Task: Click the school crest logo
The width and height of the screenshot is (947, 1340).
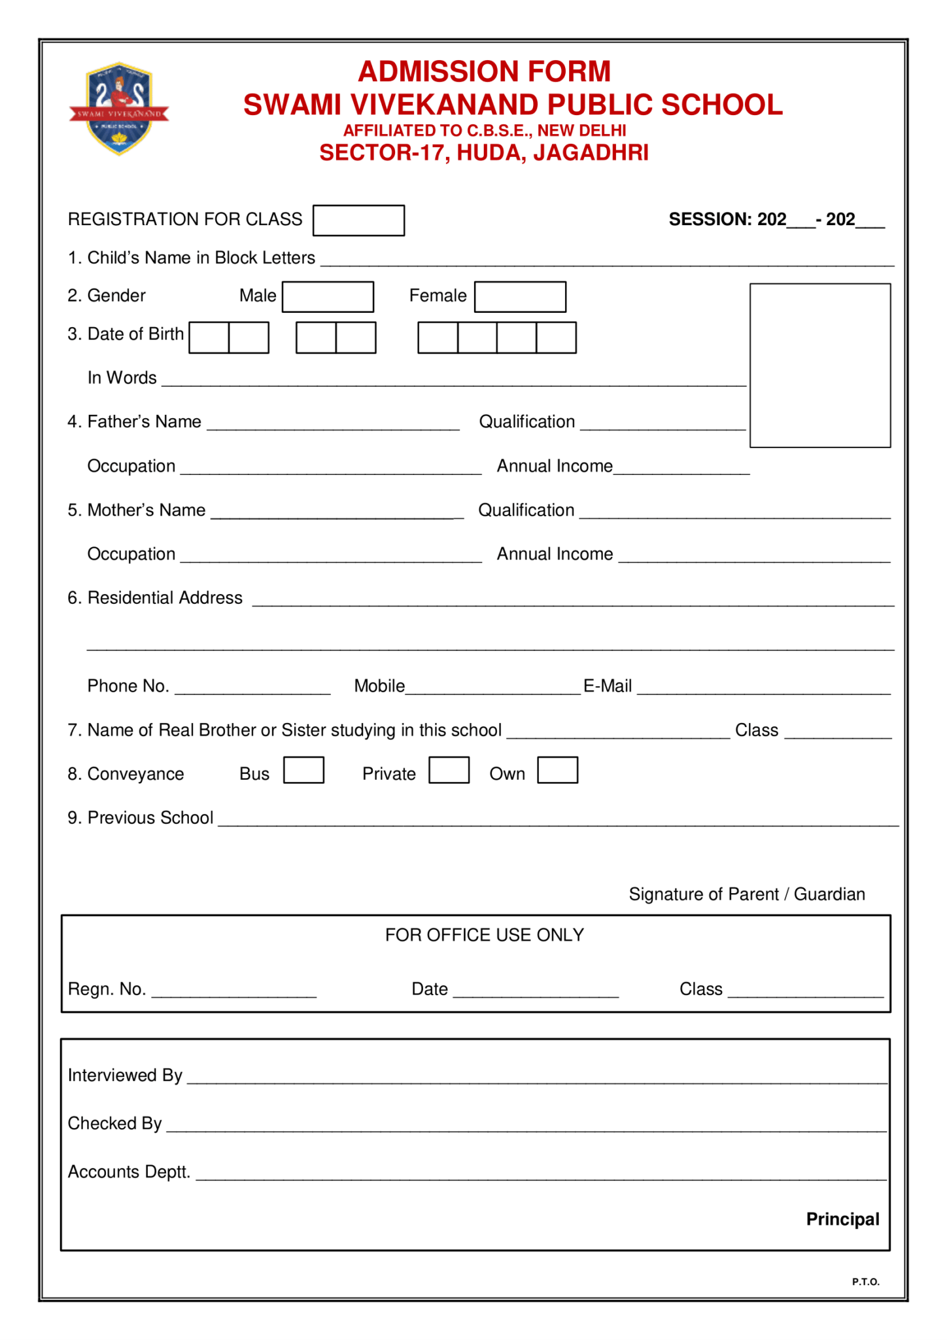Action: point(119,109)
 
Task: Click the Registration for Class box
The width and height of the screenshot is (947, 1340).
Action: point(358,220)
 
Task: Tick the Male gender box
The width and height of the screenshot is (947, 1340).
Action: point(328,297)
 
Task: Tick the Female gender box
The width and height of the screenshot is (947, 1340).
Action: point(520,297)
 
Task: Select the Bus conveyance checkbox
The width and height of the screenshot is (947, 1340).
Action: point(303,770)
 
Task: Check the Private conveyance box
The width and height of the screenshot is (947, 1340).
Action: point(449,770)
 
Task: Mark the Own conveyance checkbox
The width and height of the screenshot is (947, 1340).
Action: point(557,770)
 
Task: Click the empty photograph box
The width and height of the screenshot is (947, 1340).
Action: point(819,365)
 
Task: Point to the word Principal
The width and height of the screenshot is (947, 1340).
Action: point(842,1219)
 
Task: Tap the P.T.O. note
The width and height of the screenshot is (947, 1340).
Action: point(865,1282)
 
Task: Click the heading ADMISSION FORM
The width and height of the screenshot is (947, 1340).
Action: point(484,72)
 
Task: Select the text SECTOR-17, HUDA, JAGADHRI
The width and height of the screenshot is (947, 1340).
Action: point(484,153)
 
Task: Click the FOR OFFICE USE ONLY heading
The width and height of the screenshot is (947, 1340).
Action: point(484,935)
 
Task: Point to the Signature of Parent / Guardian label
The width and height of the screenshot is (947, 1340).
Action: point(747,894)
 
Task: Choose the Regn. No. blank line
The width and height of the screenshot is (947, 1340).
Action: point(234,993)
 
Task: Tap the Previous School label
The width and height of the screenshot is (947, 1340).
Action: point(150,818)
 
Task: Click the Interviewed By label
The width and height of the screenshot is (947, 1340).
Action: point(125,1075)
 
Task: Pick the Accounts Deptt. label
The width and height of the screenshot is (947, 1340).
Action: point(129,1171)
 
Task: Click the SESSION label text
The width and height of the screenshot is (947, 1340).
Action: point(710,219)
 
